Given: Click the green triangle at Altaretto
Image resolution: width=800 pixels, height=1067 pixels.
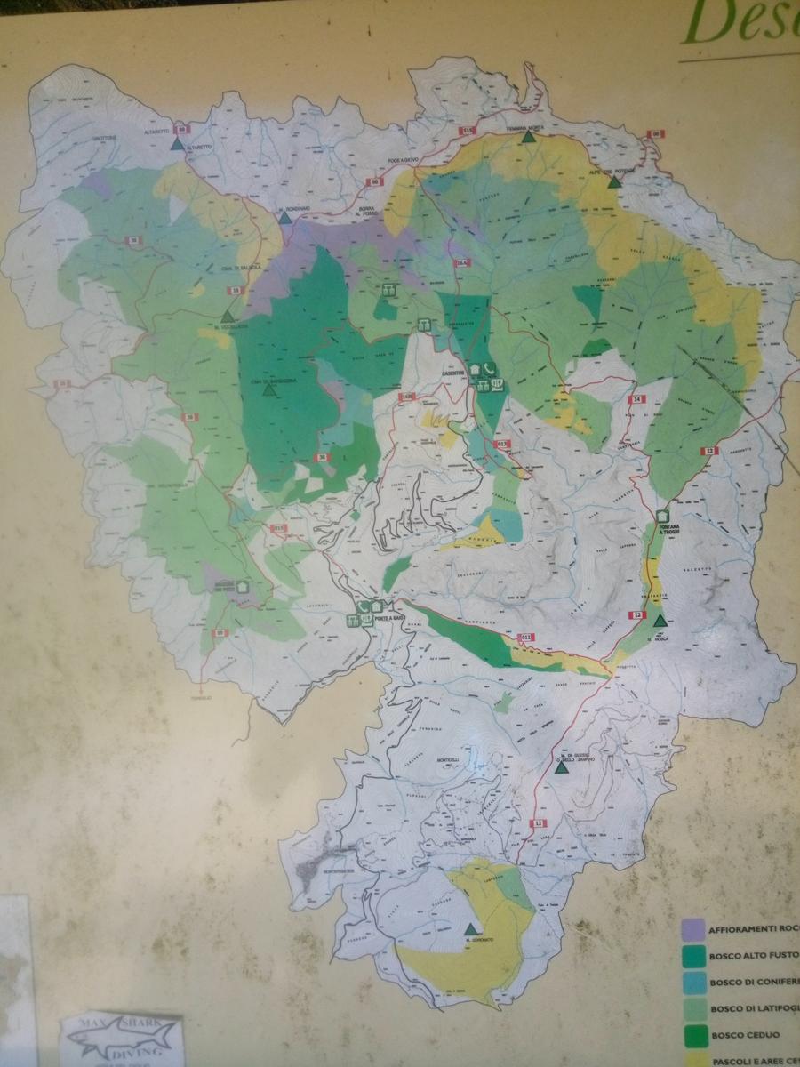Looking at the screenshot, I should click(x=178, y=142).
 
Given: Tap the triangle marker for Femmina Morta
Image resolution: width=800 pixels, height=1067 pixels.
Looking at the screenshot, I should click(x=530, y=137).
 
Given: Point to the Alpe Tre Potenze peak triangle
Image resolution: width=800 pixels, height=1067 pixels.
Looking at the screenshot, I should click(x=613, y=182).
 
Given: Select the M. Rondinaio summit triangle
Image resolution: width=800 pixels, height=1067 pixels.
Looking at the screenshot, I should click(x=284, y=217).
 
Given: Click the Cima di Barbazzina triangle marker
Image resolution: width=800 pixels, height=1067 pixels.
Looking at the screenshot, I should click(x=268, y=389).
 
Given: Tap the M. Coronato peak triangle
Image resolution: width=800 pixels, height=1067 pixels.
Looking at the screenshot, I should click(x=470, y=928).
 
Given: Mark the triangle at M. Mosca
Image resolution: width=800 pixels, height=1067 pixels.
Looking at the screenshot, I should click(x=659, y=621).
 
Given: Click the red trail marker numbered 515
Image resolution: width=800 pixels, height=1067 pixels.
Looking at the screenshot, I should click(x=468, y=131).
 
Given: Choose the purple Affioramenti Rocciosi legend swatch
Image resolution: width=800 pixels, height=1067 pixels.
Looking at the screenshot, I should click(x=690, y=929).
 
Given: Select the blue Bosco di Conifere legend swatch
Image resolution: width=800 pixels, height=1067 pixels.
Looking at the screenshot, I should click(x=690, y=982).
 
